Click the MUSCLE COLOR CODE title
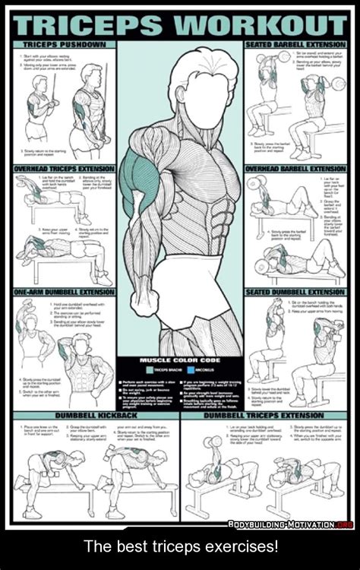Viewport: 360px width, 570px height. coord(179,359)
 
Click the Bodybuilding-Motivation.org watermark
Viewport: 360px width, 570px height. coord(292,524)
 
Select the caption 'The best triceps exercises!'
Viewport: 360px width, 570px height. coord(180,546)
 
